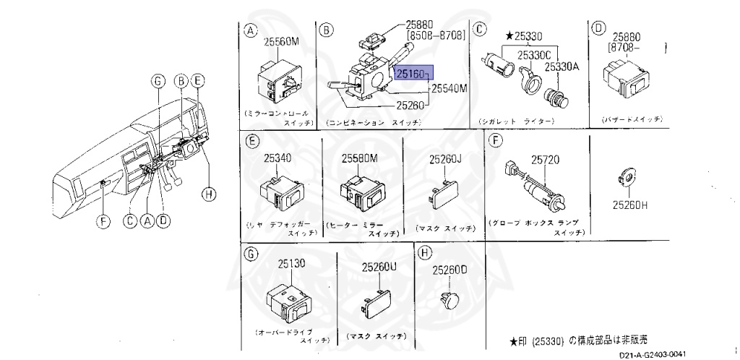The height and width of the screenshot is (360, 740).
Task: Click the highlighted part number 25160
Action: coord(412,73)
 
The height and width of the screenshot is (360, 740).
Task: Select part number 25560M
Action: coord(280,42)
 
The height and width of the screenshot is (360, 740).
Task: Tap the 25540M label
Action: coord(449,89)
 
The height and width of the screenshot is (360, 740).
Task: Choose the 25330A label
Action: coord(562,66)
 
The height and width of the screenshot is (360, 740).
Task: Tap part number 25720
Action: coord(547,159)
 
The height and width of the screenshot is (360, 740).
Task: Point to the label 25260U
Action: coord(379,267)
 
